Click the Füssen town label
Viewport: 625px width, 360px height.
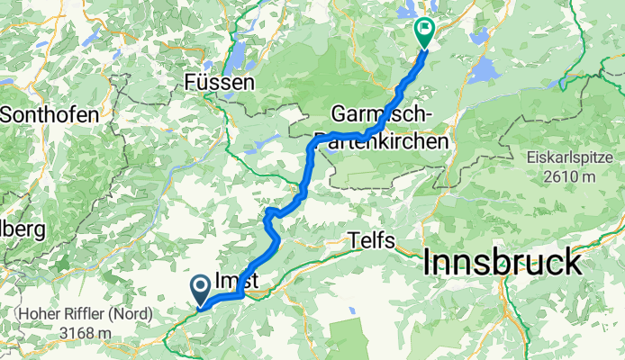219,82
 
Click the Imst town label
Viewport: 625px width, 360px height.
238,282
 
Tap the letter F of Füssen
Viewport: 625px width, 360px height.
190,82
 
